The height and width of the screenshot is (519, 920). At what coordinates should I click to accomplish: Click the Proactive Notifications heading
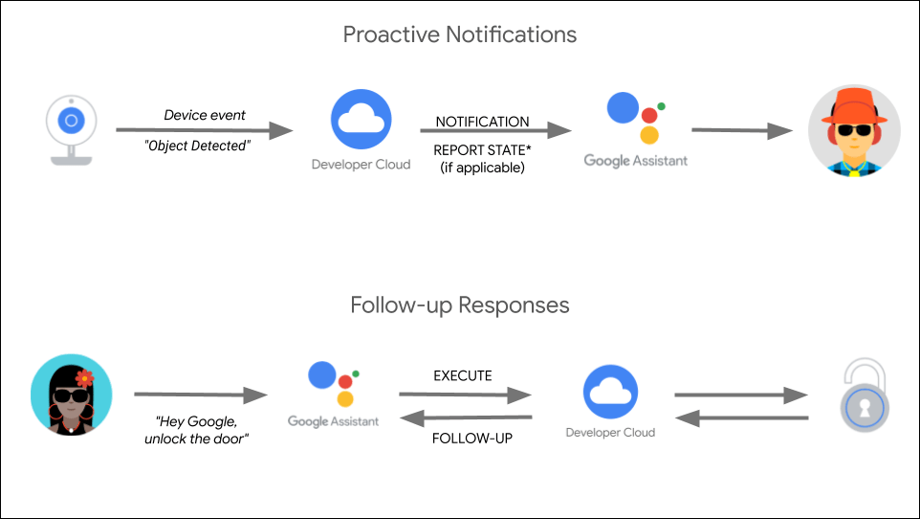click(460, 35)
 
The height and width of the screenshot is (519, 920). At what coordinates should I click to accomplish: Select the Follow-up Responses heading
click(460, 305)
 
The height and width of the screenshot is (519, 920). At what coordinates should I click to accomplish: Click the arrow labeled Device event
click(204, 131)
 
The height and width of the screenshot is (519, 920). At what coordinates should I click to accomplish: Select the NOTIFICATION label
click(482, 122)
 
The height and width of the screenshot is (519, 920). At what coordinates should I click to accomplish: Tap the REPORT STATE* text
click(482, 150)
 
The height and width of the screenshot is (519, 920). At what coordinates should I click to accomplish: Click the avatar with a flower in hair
click(71, 394)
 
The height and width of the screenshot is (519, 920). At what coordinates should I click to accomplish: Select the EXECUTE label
click(463, 375)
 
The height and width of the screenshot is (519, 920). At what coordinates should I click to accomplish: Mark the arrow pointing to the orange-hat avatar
click(741, 131)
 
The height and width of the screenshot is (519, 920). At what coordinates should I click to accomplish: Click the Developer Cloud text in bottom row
click(610, 433)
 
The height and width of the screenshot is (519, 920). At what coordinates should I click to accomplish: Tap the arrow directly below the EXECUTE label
click(465, 394)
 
